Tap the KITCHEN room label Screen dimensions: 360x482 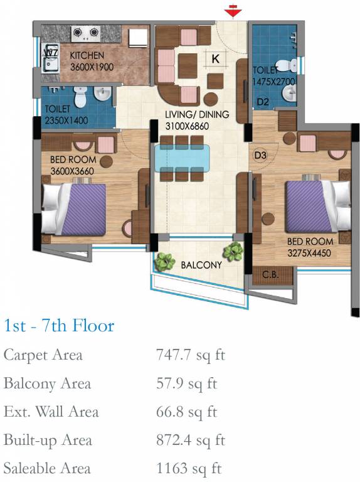coord(87,55)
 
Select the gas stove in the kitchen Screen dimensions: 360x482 coord(86,33)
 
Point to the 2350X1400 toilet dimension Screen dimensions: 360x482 coord(66,120)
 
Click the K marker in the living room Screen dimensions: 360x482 coord(216,58)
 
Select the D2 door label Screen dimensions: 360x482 coord(263,102)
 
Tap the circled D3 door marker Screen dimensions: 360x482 coord(260,155)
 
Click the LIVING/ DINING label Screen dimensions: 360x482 coord(197,114)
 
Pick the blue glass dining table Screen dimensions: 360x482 coord(183,158)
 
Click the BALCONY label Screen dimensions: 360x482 coord(201,265)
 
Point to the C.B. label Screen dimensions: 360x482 coord(270,274)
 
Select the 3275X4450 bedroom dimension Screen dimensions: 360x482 coord(309,253)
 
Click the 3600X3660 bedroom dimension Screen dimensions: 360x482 coord(72,171)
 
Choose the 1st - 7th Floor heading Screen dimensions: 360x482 coord(60,326)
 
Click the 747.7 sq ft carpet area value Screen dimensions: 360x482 coord(191,355)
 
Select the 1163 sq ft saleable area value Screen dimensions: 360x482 coord(189,468)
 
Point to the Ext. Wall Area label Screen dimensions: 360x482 coord(51,412)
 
